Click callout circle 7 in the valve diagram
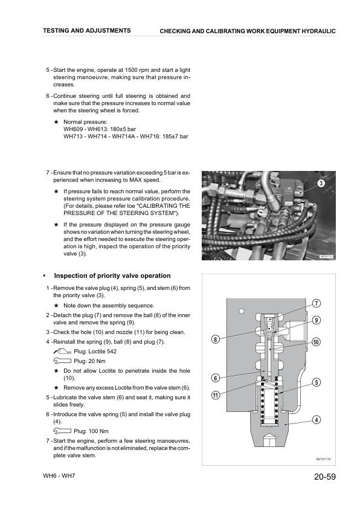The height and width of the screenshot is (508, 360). point(317,304)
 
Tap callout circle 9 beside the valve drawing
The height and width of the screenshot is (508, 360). point(317,320)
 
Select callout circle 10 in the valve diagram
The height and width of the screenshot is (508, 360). point(317,342)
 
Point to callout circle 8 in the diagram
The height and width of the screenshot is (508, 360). point(216,339)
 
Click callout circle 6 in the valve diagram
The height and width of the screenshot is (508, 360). point(216,378)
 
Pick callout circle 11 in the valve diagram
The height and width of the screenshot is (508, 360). point(216,395)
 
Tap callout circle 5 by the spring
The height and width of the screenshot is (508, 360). point(317,382)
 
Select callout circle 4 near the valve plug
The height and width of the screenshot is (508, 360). point(317,420)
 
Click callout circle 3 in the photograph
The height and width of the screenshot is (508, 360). point(321,184)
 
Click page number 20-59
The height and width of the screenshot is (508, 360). point(325,477)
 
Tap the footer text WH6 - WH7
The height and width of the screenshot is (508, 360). point(59,476)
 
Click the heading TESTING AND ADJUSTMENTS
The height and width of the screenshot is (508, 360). point(87,30)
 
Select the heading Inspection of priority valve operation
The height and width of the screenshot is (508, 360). point(112,275)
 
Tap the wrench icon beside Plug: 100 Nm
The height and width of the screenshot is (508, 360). point(62,431)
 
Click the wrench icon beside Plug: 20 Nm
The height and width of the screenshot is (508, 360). point(62,361)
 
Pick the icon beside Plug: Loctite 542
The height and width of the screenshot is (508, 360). point(62,351)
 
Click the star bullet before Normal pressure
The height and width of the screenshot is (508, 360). point(56,122)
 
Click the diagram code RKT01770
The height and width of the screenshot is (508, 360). point(323,459)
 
